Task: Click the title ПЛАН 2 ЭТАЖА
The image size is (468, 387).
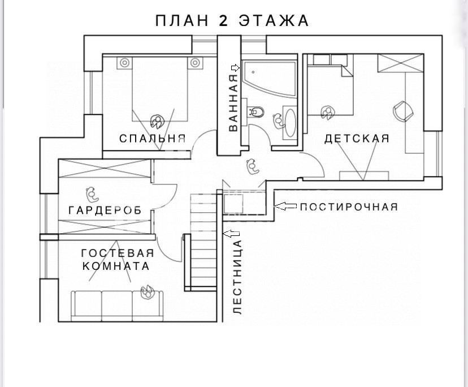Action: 232,20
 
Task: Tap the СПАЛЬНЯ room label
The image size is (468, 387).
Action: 153,139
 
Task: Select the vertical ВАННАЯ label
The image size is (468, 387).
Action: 233,103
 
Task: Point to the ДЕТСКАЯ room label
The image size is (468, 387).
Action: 357,139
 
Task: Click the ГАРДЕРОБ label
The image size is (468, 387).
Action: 105,210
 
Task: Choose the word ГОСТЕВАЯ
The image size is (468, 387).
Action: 118,253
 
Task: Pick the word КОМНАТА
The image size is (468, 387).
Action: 116,266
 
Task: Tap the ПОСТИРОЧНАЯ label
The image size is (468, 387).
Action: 349,207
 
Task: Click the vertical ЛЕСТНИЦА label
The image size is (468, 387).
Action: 237,277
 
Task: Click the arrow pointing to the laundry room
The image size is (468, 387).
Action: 285,206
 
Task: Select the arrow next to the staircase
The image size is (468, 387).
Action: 231,234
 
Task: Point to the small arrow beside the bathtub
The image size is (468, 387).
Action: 236,68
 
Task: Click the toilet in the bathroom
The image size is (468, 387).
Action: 256,112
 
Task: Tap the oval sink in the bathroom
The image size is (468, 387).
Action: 291,123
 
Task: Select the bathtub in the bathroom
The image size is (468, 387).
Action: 269,78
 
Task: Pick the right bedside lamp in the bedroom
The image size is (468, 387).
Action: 195,63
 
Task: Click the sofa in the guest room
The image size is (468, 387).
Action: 118,305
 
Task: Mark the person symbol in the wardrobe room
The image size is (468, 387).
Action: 92,194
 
